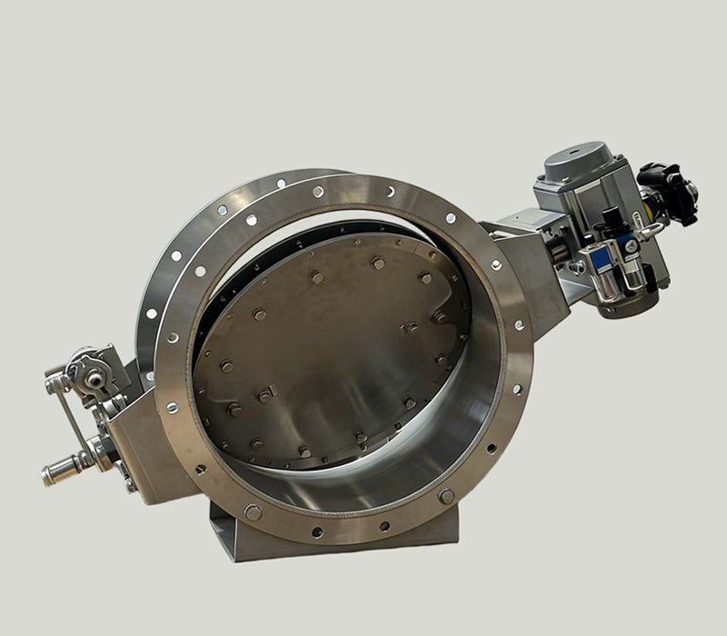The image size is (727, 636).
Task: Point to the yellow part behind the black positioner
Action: tap(649, 206)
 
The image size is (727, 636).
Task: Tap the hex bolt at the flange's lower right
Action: tap(446, 496)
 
